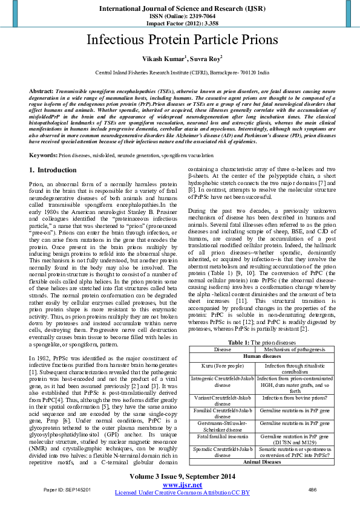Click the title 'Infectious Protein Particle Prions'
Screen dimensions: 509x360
click(180, 41)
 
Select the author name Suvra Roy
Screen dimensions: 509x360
click(205, 59)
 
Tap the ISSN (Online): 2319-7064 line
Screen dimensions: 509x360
click(180, 16)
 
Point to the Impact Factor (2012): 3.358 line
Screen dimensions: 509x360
click(180, 24)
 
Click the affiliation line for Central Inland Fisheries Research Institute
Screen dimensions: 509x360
click(180, 71)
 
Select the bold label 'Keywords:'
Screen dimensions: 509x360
click(44, 155)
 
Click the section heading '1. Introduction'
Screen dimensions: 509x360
click(53, 170)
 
